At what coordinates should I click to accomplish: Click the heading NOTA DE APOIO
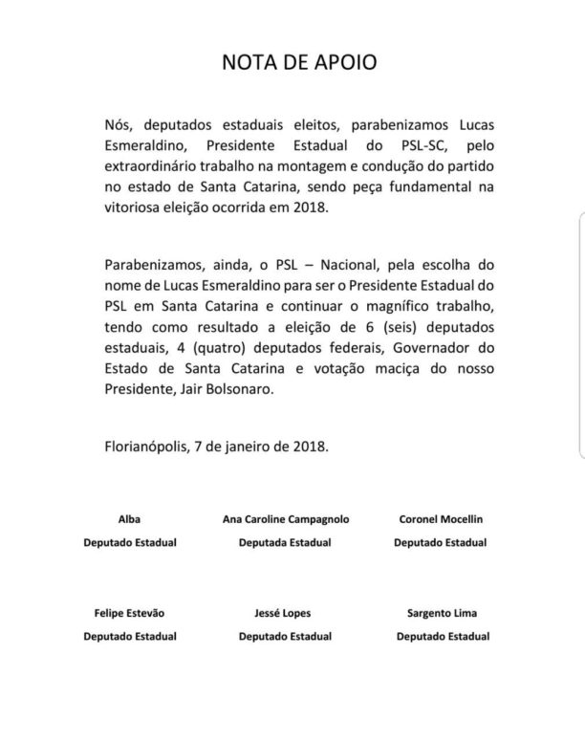tap(292, 63)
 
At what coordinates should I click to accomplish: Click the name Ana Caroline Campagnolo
tap(284, 518)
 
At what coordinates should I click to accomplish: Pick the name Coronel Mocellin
tap(441, 518)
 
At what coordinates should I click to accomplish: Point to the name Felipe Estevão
tap(129, 612)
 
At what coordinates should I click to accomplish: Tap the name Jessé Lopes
tap(284, 612)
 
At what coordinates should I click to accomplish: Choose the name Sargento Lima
tap(442, 612)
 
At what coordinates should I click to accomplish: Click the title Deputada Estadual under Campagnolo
tap(284, 542)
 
